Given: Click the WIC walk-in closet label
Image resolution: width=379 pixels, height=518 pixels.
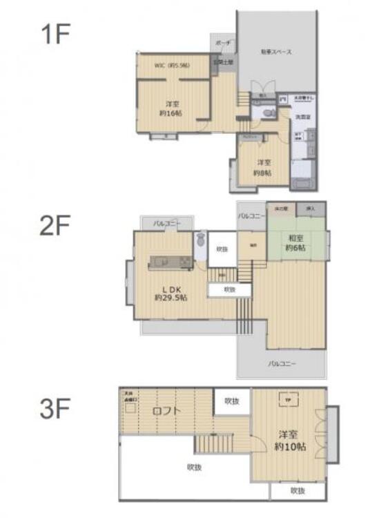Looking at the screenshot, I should point(171,66).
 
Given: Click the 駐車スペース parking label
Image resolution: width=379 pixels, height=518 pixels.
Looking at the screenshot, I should point(276,52).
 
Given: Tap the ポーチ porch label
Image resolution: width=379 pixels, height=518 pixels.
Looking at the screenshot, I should point(223,43).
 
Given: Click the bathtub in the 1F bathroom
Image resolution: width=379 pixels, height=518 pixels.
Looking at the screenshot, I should point(302,184).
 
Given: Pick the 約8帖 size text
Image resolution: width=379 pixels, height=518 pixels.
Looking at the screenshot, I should point(262,173).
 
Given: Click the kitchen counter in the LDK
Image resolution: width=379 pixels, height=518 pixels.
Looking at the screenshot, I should point(170,262).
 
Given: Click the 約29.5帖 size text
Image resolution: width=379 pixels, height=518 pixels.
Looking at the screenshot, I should point(170,297).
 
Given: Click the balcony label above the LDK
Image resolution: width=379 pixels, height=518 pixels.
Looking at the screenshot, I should point(166,224).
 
